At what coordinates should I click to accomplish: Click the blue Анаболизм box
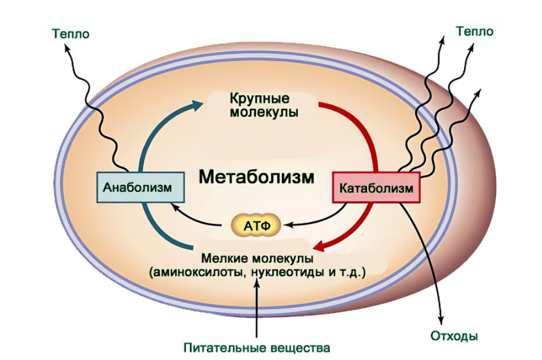point(137,187)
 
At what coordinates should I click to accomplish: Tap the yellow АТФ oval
point(256,225)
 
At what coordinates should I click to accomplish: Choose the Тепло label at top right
point(474,31)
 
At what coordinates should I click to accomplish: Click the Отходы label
point(454,337)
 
